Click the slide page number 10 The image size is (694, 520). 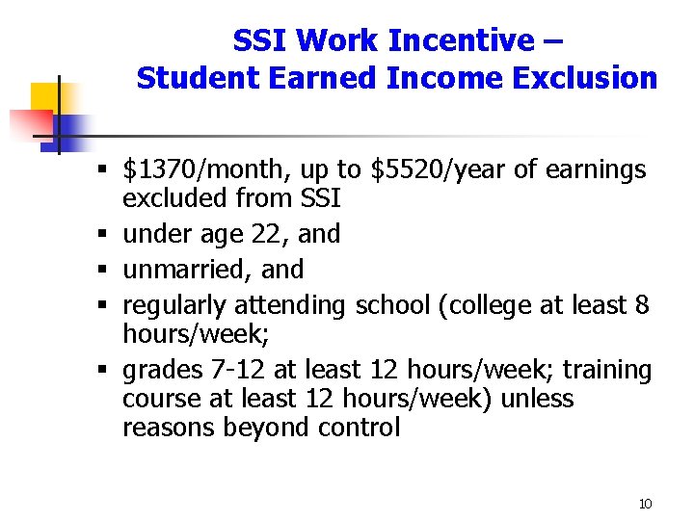tap(645, 504)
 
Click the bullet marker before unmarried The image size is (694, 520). tap(103, 271)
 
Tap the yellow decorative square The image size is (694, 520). tap(44, 97)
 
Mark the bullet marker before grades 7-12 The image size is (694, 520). tap(103, 371)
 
